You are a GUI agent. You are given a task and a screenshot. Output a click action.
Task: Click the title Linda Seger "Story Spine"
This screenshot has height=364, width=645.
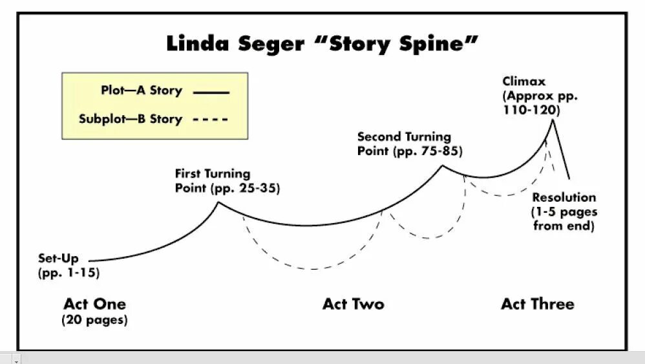coord(322,45)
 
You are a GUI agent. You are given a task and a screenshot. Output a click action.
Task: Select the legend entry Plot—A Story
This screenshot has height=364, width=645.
coord(141,91)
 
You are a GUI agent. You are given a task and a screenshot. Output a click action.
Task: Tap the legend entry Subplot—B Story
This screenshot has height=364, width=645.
coord(130,119)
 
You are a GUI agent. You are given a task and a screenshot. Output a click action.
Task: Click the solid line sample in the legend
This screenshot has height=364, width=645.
coord(211,93)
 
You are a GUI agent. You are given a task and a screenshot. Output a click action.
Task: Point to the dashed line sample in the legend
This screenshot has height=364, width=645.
coord(211,120)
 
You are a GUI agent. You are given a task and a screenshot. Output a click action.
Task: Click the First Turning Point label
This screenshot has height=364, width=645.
coord(212,174)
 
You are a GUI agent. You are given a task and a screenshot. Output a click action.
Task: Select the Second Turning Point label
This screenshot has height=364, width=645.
coord(404,137)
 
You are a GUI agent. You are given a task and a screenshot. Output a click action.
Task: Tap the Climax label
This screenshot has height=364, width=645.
coord(524,81)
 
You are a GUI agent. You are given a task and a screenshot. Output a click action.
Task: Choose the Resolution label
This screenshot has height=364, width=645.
coord(564,197)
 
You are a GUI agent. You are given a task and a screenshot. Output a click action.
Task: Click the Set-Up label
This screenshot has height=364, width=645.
coord(58,259)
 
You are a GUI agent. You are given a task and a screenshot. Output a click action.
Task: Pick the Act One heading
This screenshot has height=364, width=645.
coord(94,304)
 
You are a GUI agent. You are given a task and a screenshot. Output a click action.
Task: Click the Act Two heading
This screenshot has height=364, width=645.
coord(353,304)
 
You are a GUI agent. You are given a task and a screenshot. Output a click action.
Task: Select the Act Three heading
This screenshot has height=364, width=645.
coord(537,304)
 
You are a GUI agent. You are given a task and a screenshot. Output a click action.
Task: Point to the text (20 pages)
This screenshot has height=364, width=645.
coord(94,320)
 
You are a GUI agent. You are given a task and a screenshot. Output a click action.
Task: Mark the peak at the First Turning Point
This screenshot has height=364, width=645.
coord(218,202)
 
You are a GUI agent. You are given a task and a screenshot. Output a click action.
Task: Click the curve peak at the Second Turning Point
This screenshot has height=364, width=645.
coord(443,166)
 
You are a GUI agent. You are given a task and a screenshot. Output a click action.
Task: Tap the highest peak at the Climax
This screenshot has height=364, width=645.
coord(551,120)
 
